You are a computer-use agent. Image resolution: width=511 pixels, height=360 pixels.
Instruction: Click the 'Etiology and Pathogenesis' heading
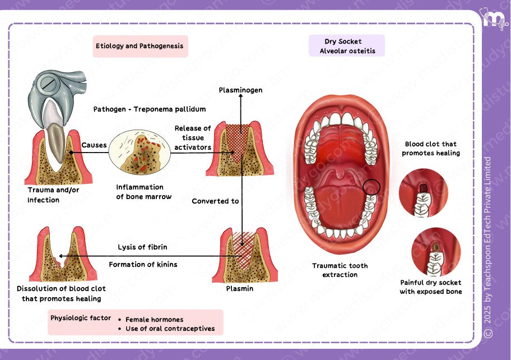(140, 46)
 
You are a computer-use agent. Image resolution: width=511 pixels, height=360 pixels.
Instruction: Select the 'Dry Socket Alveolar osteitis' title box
(347, 46)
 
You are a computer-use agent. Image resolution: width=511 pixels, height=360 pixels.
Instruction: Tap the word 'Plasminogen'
(240, 90)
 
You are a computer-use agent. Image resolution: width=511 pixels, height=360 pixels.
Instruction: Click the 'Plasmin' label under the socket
(239, 289)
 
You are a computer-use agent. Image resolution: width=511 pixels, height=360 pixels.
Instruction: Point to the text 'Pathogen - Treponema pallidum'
(150, 109)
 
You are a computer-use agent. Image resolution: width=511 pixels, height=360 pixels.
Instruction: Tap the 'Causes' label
(94, 145)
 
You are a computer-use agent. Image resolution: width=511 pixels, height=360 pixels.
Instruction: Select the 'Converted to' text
(215, 201)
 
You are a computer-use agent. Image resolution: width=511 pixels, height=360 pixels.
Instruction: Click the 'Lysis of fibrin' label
(142, 247)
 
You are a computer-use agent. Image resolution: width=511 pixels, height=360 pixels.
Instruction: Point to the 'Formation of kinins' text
(143, 264)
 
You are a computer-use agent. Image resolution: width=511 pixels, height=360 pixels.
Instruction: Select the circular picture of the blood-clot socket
(423, 193)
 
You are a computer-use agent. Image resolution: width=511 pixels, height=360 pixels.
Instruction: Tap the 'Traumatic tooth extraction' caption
(340, 270)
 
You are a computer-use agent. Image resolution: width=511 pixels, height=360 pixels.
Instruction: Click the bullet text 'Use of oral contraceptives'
(170, 329)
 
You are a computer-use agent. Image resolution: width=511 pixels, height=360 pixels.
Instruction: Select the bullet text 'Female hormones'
(154, 320)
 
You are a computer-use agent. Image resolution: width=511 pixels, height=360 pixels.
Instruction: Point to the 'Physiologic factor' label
(81, 318)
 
